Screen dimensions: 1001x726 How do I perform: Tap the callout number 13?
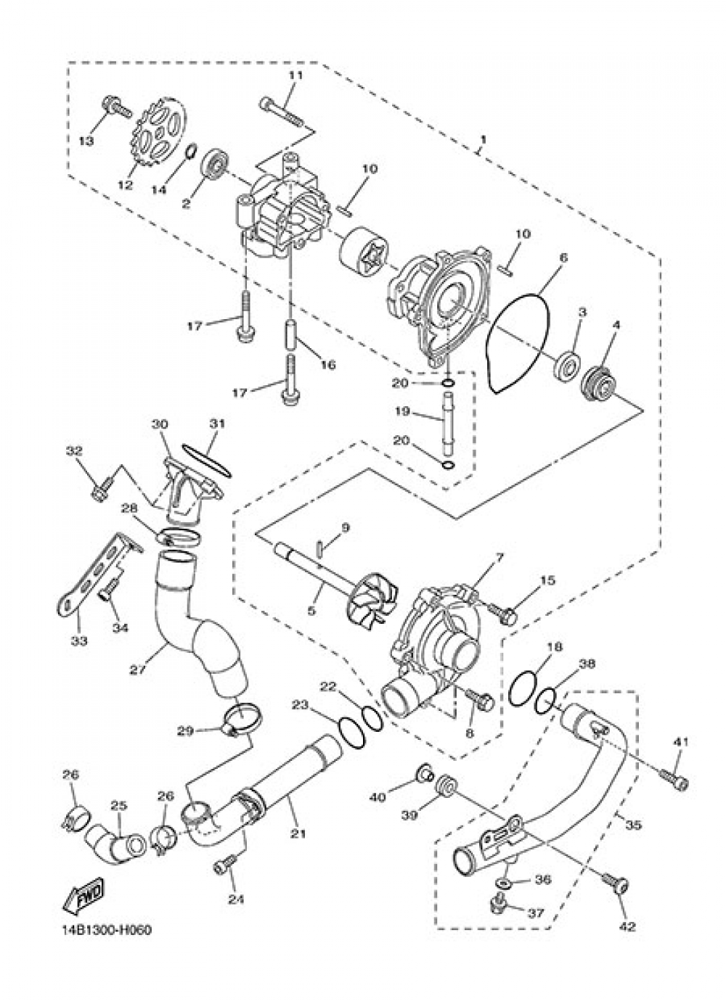click(86, 141)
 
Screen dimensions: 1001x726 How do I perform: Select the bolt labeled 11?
click(282, 110)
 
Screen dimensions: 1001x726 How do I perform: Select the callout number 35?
click(633, 825)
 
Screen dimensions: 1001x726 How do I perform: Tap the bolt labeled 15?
click(503, 614)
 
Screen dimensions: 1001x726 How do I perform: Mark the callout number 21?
click(296, 834)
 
